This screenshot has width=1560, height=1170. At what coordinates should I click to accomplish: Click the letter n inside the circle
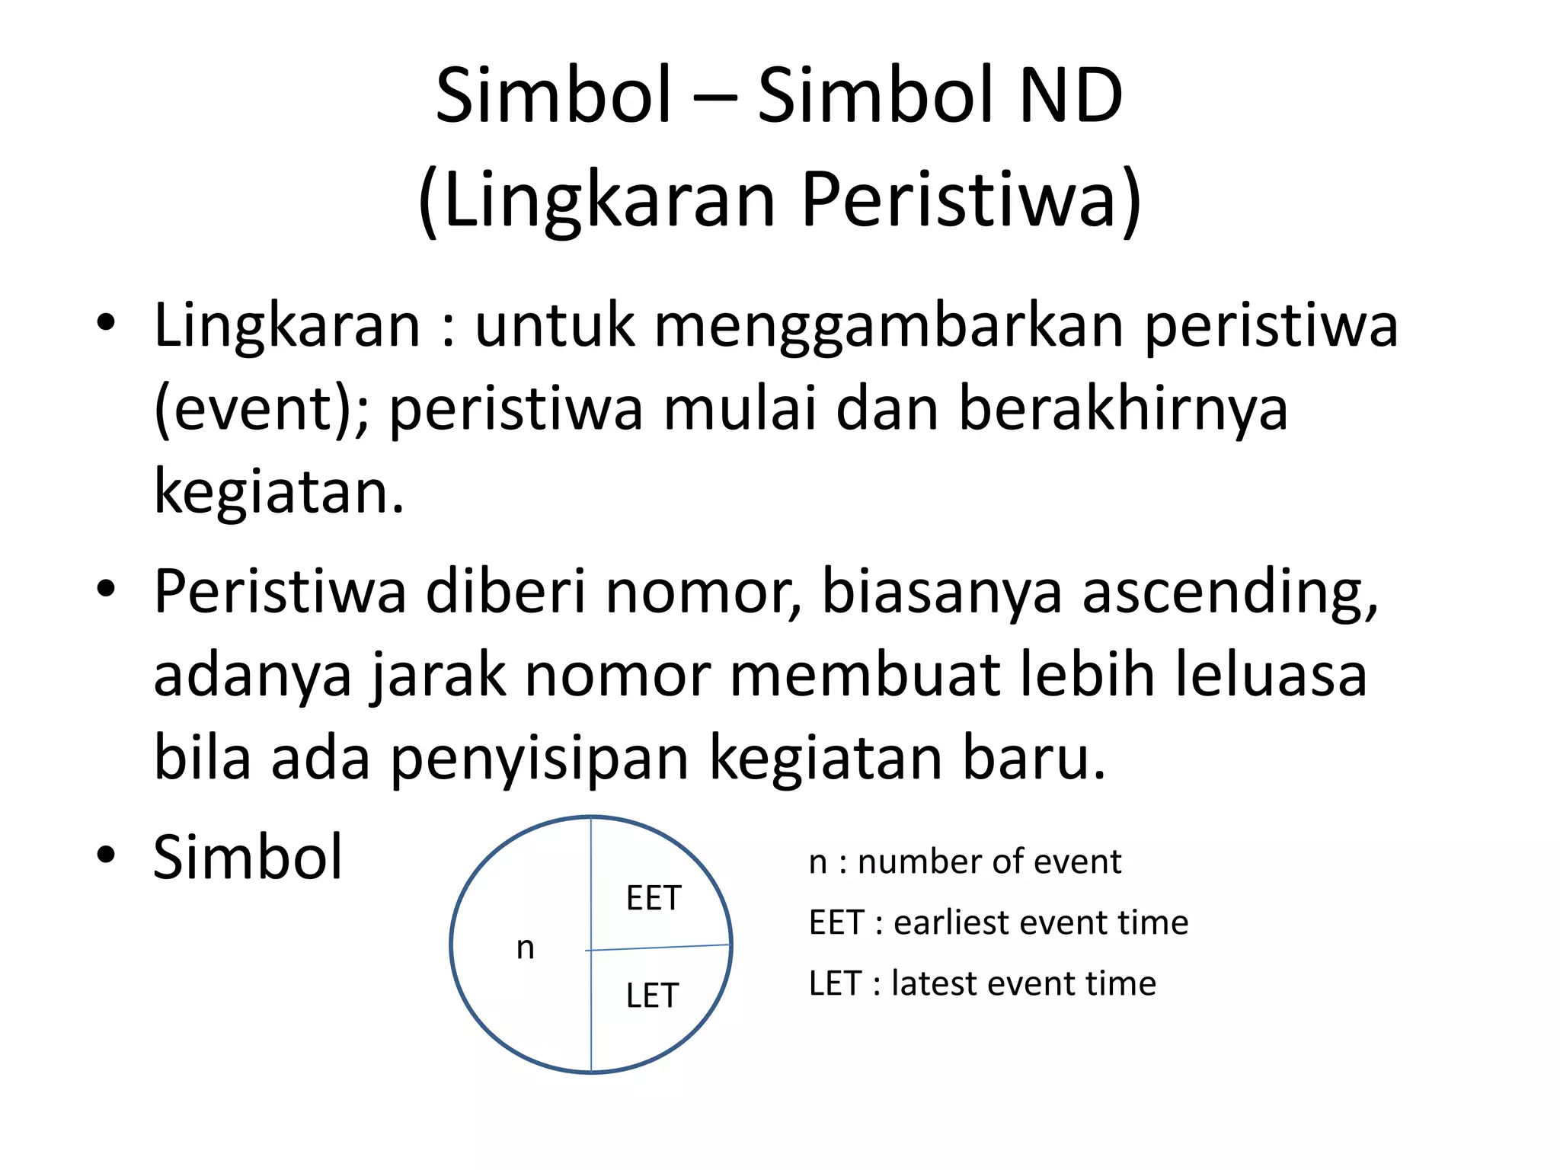tap(526, 948)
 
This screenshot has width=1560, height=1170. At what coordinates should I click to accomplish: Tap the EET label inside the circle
tap(653, 899)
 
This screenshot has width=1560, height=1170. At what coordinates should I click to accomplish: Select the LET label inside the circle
tap(652, 996)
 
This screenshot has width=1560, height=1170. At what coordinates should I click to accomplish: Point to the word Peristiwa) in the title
tap(971, 200)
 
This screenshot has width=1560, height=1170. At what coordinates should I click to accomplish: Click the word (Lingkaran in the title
tap(597, 200)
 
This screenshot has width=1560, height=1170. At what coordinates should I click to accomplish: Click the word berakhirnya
tap(1122, 409)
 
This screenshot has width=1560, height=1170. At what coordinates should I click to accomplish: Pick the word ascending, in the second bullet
tap(1230, 592)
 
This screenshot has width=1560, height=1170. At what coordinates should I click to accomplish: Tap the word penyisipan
tap(539, 758)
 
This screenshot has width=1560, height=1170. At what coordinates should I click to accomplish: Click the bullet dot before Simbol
tap(106, 855)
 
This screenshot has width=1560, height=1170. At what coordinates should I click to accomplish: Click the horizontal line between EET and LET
tap(660, 948)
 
